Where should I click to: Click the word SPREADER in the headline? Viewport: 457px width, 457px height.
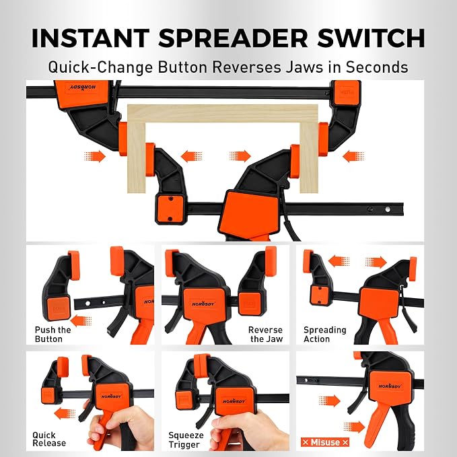point(233,38)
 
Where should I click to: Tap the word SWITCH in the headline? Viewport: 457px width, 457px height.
point(371,38)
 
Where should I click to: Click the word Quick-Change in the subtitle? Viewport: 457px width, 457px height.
point(100,67)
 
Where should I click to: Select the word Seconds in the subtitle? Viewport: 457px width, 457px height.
point(377,67)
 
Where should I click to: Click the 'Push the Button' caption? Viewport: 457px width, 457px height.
point(52,335)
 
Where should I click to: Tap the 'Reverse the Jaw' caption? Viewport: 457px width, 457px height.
point(265,335)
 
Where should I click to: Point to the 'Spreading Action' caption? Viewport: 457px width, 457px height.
point(324,335)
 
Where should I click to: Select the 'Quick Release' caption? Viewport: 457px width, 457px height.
point(49,440)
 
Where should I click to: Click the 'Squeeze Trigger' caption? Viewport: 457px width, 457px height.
point(186,440)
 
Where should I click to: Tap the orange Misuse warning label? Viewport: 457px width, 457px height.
point(325,442)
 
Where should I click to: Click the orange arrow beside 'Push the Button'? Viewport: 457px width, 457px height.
point(81,321)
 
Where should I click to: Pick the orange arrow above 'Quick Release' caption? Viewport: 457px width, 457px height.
point(65,414)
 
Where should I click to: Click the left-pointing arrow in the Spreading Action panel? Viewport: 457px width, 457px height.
point(339,261)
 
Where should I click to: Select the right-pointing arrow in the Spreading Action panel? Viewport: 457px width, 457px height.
point(376,262)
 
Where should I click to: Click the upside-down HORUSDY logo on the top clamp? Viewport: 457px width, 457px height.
point(83,87)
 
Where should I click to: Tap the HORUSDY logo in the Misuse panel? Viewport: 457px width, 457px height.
point(390,386)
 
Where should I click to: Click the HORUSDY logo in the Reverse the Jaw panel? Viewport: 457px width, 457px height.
point(203,304)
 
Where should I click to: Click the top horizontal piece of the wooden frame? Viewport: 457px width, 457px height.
point(223,113)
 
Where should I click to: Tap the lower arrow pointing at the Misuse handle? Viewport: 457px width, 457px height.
point(354,427)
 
